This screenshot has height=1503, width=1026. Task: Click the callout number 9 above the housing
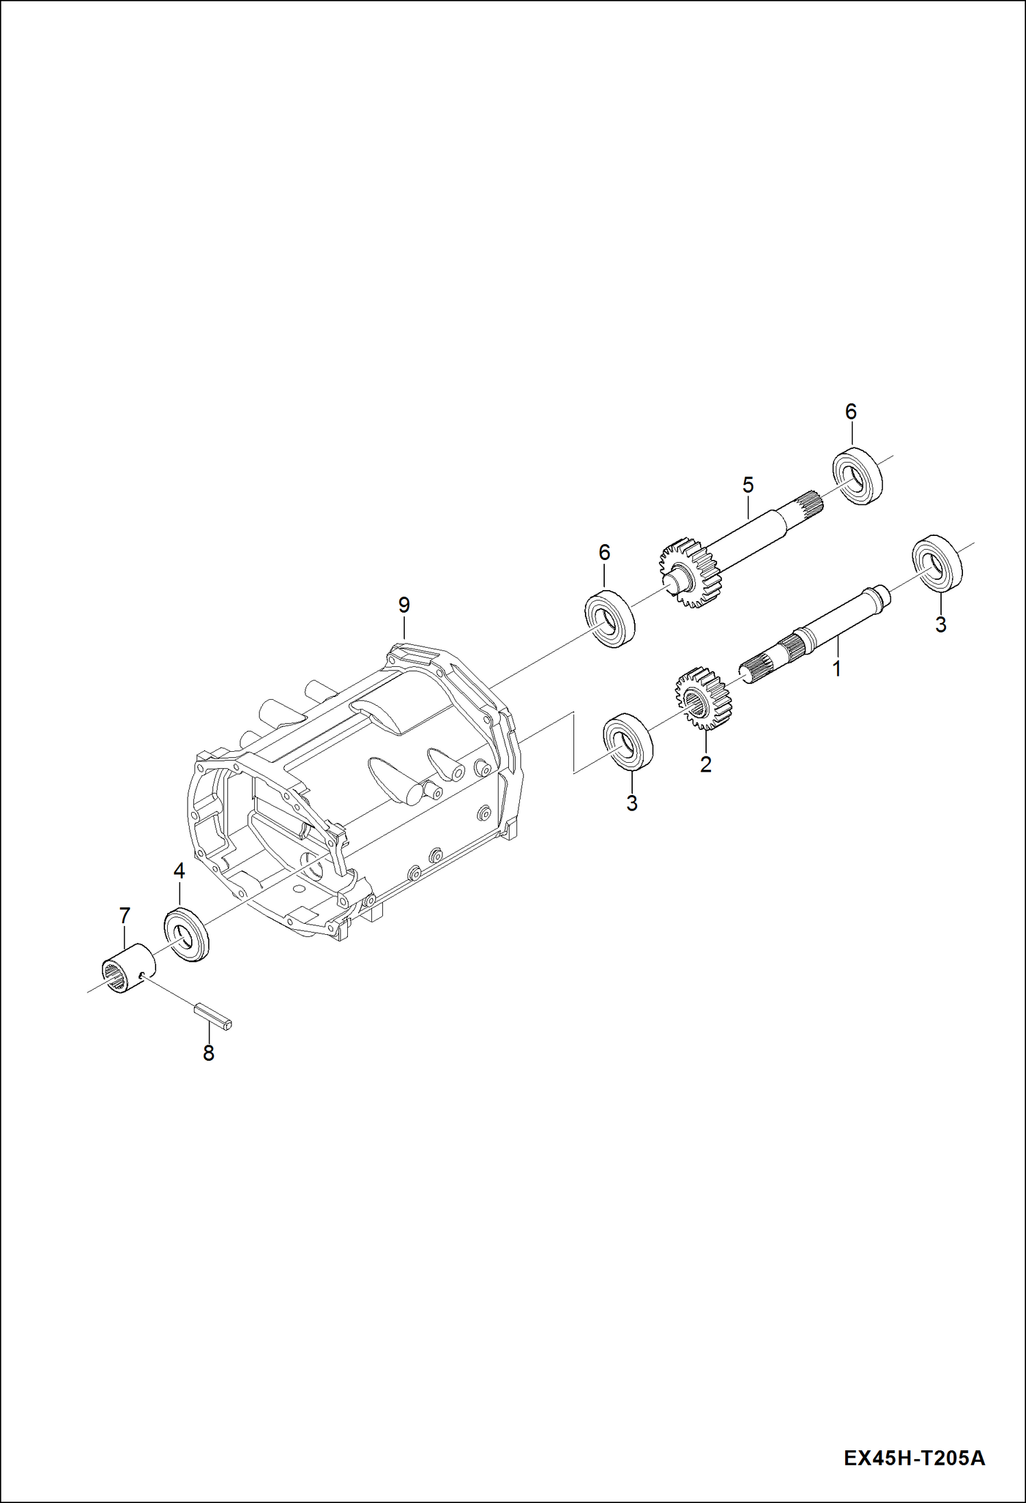coord(404,605)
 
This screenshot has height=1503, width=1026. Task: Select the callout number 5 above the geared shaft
coord(748,485)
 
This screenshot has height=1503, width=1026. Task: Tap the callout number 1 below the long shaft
coord(836,668)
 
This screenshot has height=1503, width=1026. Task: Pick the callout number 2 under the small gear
coord(705,763)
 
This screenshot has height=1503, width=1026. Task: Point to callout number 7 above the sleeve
coord(124,915)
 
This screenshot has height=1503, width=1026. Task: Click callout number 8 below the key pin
coord(208,1053)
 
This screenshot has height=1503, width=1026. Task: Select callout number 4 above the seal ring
coord(179,871)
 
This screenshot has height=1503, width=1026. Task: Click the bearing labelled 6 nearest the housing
coord(610,618)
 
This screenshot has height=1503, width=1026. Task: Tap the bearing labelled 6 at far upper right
coord(857,475)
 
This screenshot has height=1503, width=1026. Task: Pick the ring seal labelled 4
coord(186,933)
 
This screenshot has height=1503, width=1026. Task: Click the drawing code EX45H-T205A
coord(914,1458)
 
